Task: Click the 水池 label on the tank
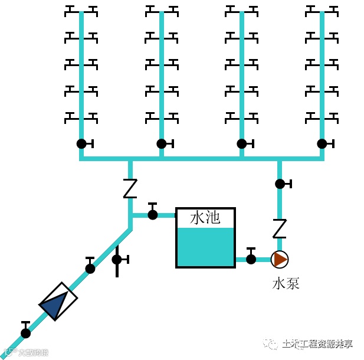(205, 218)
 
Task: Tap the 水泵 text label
(286, 283)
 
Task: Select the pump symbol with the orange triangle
(280, 259)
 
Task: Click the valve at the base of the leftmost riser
(81, 143)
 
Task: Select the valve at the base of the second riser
(162, 143)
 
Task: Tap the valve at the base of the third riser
(242, 143)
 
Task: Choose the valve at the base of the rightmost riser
(322, 143)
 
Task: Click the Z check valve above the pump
(280, 228)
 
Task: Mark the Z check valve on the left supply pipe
(130, 188)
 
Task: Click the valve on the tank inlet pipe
(153, 214)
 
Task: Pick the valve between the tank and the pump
(251, 258)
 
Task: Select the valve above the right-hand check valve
(280, 184)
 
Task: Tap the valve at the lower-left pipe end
(25, 333)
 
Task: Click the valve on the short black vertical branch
(117, 259)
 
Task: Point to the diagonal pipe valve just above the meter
(90, 268)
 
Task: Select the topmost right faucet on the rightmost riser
(332, 10)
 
